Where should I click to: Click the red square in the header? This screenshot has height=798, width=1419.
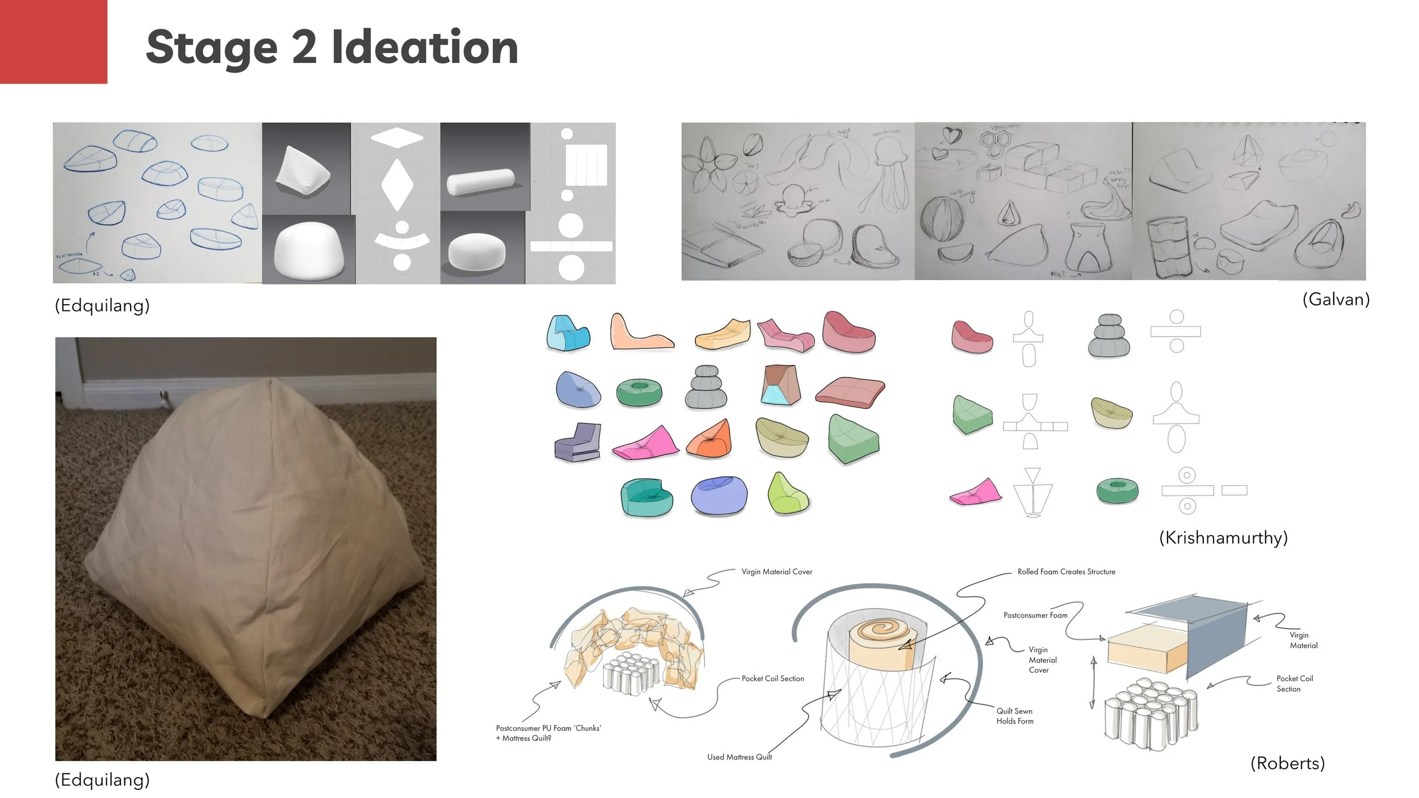click(53, 41)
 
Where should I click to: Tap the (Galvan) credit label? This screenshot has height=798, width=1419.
click(1336, 299)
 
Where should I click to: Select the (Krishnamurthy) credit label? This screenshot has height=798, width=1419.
click(1223, 537)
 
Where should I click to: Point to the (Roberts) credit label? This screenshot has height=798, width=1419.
click(1287, 763)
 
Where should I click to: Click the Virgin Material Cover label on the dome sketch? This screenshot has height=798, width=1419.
click(776, 572)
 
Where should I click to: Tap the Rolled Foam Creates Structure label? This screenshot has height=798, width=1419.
click(1066, 572)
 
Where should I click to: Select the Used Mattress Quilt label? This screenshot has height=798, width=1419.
click(739, 757)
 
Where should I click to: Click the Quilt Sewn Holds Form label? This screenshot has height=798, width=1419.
click(1015, 716)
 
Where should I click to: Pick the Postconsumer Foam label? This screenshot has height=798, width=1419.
click(1035, 615)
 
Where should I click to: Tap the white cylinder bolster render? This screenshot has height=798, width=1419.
click(480, 182)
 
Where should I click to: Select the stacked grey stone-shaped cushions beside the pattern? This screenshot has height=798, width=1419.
click(1109, 335)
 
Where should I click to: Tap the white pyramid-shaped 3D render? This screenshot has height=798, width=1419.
click(303, 170)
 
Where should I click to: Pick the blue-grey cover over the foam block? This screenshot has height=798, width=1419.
click(1215, 636)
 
